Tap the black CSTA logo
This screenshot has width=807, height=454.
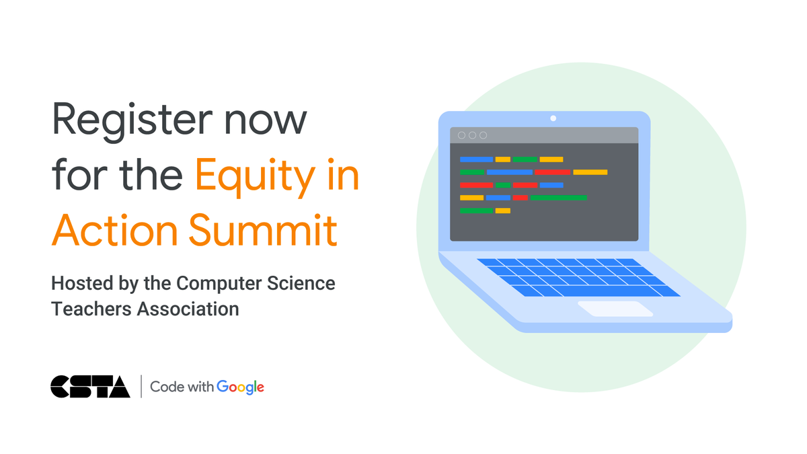[x=90, y=386]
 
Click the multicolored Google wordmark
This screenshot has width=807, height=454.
[x=240, y=387]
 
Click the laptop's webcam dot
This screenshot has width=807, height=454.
[x=553, y=118]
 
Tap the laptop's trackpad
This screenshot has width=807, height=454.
[x=615, y=309]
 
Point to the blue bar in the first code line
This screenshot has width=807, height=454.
[x=476, y=159]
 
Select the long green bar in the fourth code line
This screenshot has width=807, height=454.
[x=558, y=198]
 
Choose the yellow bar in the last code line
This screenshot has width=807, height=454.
[x=502, y=211]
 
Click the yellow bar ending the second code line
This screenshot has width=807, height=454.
[x=590, y=172]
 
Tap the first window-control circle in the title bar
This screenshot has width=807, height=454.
[x=461, y=135]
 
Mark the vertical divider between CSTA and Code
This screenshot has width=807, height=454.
[x=141, y=386]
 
